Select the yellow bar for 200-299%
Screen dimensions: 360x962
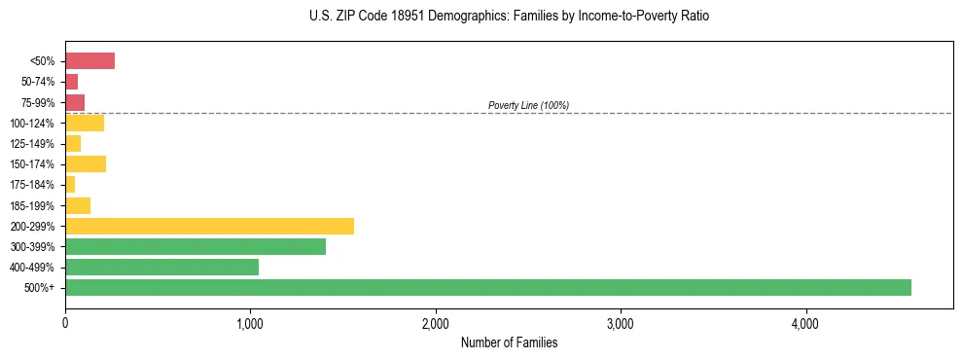click(209, 226)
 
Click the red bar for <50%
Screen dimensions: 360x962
click(89, 61)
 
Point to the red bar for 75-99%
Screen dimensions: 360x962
click(75, 102)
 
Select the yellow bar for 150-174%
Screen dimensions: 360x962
click(86, 163)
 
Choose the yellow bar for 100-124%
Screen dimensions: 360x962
click(85, 123)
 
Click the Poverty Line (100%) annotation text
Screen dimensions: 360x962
click(528, 105)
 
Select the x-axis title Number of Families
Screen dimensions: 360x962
click(509, 342)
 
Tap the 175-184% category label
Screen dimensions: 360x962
click(32, 185)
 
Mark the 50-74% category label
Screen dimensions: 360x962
click(37, 82)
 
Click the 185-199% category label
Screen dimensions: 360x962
click(32, 205)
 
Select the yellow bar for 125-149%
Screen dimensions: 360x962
click(73, 143)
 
